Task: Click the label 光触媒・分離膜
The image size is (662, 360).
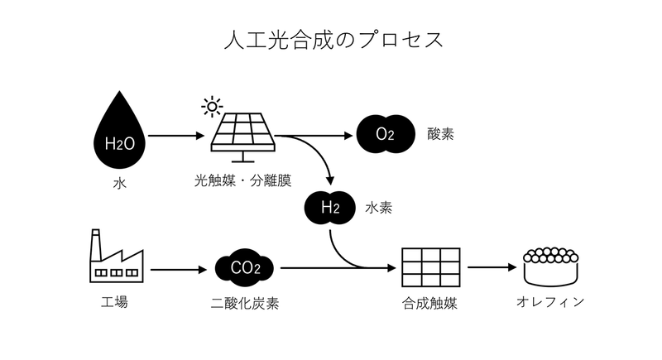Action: [242, 179]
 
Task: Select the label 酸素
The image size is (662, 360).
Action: [441, 133]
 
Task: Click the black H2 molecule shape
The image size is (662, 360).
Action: [330, 208]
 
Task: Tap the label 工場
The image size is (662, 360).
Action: [114, 302]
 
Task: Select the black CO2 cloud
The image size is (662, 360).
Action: [245, 268]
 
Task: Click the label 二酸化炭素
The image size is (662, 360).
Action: [245, 304]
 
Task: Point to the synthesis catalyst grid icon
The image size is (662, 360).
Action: [430, 267]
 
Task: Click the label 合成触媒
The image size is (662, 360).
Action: [430, 304]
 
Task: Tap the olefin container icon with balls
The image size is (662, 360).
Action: [551, 266]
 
